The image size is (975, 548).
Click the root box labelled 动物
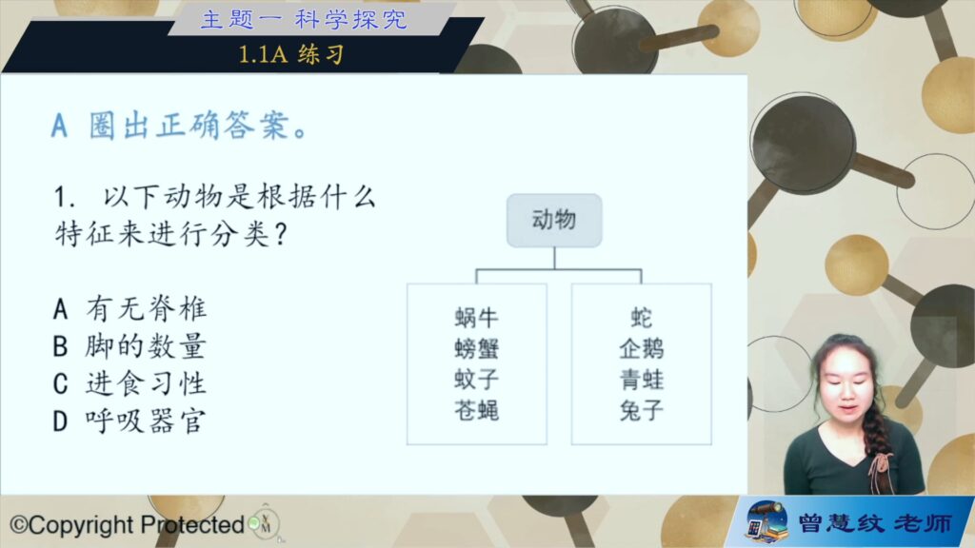click(554, 220)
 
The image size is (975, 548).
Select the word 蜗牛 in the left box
click(476, 318)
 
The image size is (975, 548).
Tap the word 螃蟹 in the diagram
click(476, 348)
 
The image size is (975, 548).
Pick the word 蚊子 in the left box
click(476, 379)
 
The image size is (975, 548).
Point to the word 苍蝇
click(476, 410)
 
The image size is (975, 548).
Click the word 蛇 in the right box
click(641, 318)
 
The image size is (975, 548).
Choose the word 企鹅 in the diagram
click(641, 348)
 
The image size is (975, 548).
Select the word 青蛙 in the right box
click(641, 379)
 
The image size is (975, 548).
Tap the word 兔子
click(641, 410)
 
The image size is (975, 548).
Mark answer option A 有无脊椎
click(129, 309)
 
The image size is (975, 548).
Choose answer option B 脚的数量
click(129, 346)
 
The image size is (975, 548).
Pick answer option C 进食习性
click(129, 383)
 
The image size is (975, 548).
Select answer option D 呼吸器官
click(129, 421)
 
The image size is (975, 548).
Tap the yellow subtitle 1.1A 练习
click(291, 54)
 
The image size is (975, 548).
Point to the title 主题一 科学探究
click(304, 19)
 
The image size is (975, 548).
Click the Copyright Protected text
click(128, 525)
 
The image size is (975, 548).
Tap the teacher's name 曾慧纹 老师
click(875, 523)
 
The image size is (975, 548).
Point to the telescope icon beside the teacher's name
click(767, 520)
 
